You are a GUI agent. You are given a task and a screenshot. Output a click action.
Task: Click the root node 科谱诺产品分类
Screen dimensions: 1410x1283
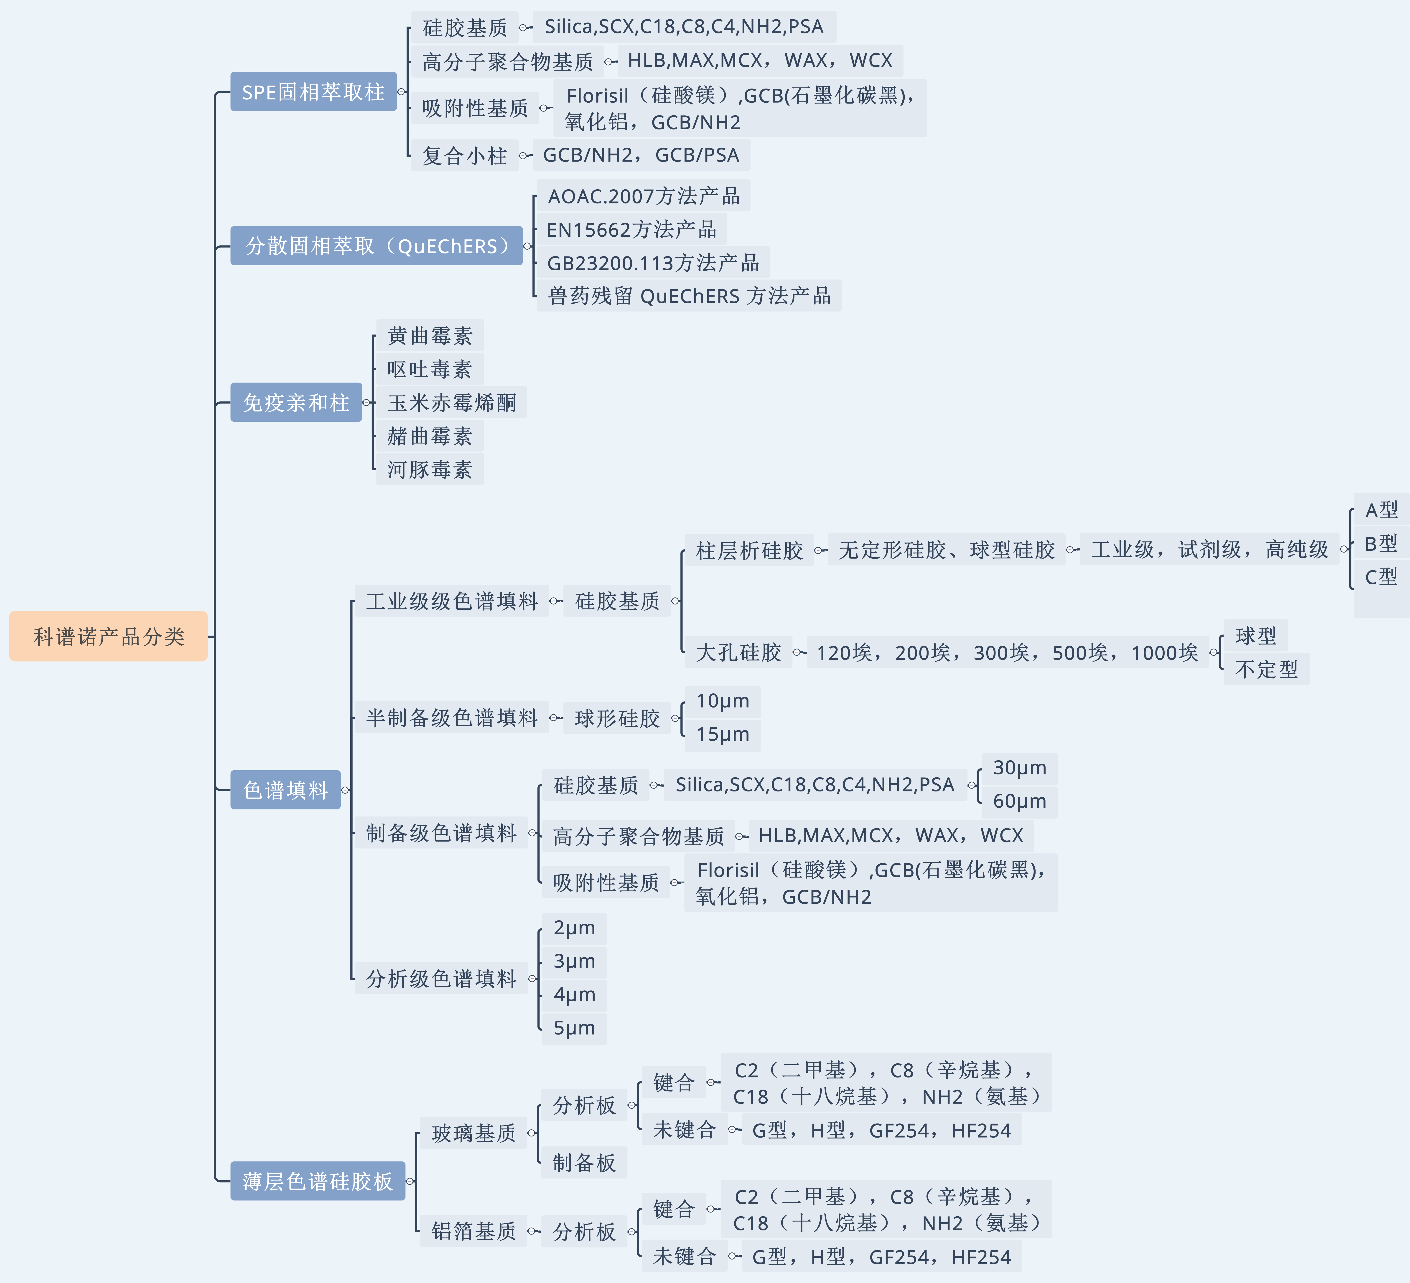[108, 636]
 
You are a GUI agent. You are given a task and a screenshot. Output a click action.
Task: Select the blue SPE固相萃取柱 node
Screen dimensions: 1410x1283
[313, 91]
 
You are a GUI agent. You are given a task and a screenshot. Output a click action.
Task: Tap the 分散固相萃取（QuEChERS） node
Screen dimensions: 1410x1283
[376, 245]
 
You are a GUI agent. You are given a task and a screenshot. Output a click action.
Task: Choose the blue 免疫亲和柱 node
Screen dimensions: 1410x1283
[296, 402]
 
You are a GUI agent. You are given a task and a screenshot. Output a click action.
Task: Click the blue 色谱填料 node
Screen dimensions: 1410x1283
[285, 790]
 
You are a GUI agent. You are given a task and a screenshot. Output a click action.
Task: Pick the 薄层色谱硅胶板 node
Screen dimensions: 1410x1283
[318, 1181]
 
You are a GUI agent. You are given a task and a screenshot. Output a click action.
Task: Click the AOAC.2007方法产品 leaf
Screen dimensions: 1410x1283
[644, 196]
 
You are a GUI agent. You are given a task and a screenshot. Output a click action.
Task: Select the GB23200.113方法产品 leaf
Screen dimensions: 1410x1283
[653, 263]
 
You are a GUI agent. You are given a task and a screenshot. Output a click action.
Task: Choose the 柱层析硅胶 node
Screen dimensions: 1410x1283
[749, 550]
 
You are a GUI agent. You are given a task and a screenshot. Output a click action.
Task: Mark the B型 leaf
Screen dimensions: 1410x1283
[1381, 543]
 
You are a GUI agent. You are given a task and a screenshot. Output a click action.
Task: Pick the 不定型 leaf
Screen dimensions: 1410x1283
[1266, 669]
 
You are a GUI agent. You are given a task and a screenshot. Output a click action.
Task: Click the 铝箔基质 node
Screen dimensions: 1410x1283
[473, 1231]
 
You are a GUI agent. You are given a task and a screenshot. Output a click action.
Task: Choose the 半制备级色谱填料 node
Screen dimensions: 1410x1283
[452, 717]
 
